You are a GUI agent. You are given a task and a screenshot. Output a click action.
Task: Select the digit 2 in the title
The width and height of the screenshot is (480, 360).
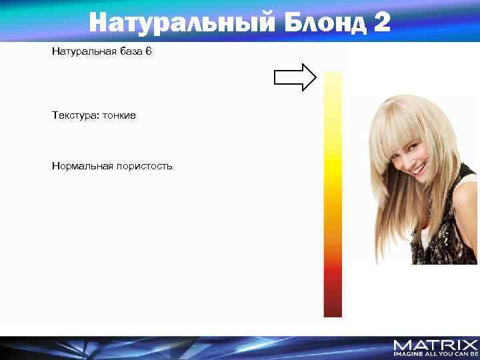[383, 23]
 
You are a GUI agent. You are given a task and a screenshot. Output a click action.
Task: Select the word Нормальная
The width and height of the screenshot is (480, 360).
[81, 165]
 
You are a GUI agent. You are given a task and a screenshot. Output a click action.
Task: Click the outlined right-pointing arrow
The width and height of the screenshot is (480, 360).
[295, 77]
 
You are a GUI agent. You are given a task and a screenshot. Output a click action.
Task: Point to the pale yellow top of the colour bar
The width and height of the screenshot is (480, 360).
[333, 80]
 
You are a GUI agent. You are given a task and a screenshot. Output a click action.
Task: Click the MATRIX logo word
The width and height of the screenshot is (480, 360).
[435, 345]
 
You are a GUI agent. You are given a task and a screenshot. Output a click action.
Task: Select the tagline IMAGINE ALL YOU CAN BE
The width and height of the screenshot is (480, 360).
[435, 354]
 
